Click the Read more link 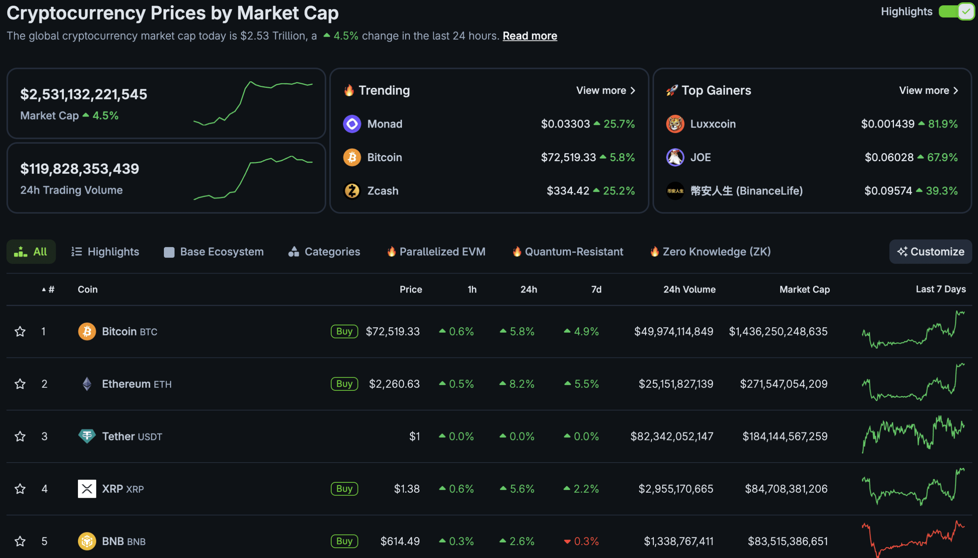pyautogui.click(x=529, y=36)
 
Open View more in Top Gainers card pyautogui.click(x=928, y=91)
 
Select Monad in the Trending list pyautogui.click(x=384, y=124)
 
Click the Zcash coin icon pyautogui.click(x=352, y=191)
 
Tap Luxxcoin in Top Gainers pyautogui.click(x=712, y=124)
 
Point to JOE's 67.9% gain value pyautogui.click(x=942, y=157)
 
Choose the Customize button pyautogui.click(x=931, y=252)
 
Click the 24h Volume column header pyautogui.click(x=689, y=290)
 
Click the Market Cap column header pyautogui.click(x=805, y=290)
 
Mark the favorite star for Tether pyautogui.click(x=20, y=436)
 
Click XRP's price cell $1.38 pyautogui.click(x=406, y=488)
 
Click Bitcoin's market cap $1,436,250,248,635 pyautogui.click(x=778, y=331)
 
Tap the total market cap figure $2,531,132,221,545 pyautogui.click(x=84, y=94)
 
